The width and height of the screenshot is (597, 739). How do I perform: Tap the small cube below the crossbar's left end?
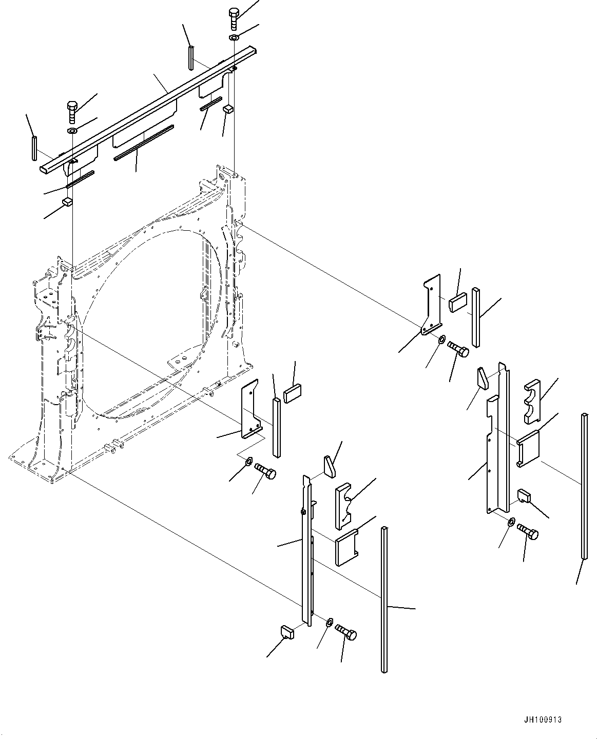[67, 202]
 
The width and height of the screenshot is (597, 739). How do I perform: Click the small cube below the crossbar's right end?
[228, 108]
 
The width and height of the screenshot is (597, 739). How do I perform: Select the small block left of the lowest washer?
[286, 632]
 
